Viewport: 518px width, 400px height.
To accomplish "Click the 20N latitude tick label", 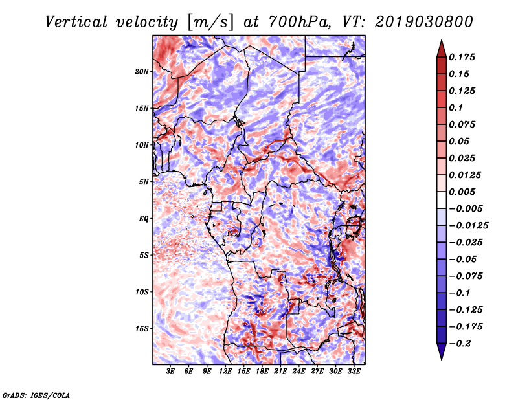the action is point(142,72).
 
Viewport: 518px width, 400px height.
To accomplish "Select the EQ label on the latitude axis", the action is point(143,219).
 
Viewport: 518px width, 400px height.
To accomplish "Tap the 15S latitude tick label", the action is point(142,329).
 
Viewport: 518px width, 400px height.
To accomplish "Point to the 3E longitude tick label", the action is point(170,372).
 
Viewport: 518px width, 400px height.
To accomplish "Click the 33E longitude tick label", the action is point(354,372).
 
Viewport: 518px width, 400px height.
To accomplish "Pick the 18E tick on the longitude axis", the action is point(262,372).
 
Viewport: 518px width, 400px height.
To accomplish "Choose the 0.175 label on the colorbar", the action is point(462,57).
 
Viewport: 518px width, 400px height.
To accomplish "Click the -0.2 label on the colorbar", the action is point(460,344).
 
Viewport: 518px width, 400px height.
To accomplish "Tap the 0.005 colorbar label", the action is point(462,192).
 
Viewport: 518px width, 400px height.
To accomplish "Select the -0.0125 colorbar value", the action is point(468,226).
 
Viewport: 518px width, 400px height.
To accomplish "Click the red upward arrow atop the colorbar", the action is point(442,49).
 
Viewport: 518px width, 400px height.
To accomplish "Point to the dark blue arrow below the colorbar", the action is point(442,351).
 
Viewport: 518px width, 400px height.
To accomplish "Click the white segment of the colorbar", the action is point(442,200).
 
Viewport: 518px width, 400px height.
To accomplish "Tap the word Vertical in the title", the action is point(76,22).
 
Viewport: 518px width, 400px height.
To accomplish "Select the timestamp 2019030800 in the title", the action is point(424,22).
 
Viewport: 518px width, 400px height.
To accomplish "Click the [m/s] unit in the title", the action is point(210,23).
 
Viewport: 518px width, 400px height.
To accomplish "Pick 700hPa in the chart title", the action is point(300,23).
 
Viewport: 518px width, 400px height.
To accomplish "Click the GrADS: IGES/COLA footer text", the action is point(36,395).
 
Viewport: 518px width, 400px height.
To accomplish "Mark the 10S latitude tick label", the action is point(142,292).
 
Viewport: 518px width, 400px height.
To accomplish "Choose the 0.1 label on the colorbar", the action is point(456,107).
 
